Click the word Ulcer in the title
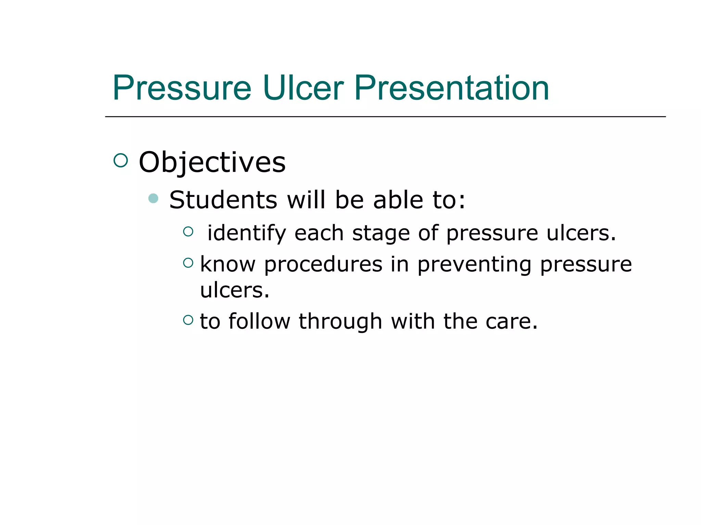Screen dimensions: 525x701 point(303,88)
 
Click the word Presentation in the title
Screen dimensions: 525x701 point(451,88)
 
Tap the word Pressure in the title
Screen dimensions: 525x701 point(182,88)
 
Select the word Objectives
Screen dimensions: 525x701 point(212,162)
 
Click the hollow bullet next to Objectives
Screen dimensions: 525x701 point(120,160)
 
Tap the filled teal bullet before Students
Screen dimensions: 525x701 point(153,198)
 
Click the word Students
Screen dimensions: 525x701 point(223,200)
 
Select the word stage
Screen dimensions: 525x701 point(381,233)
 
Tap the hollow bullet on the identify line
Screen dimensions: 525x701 point(188,232)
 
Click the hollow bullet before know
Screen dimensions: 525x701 point(188,262)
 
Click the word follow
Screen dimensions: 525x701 point(259,321)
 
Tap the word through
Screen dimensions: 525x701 point(340,321)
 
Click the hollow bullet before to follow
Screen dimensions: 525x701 point(188,320)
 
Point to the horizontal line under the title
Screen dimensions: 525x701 point(385,117)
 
